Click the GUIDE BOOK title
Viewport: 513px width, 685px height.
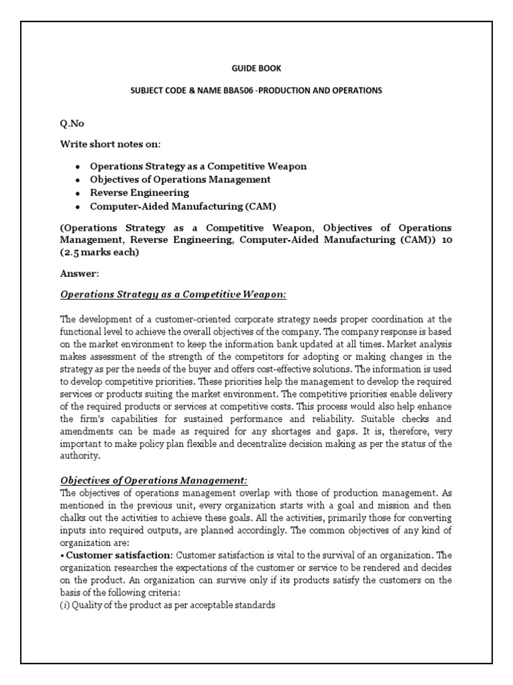point(256,68)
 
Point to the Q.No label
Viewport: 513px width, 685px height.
point(71,124)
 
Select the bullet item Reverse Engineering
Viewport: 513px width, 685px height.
point(140,193)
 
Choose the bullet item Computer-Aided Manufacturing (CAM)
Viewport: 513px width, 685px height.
point(183,206)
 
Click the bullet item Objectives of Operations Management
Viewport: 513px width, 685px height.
point(180,179)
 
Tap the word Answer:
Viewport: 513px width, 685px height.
point(79,274)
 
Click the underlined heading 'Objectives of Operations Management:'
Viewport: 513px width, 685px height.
point(154,480)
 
